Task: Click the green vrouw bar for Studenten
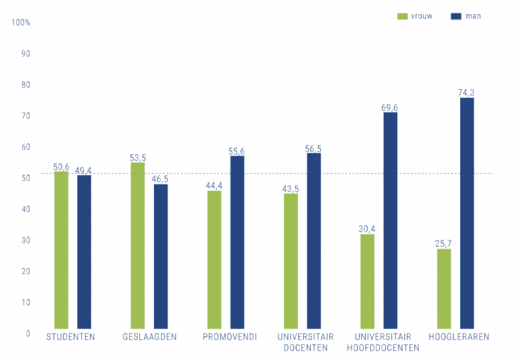[61, 250]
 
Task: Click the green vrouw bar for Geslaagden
[138, 246]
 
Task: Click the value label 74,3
[467, 93]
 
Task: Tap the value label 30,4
[368, 229]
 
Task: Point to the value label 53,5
[138, 157]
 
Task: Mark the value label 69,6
[391, 107]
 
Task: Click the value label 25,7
[444, 243]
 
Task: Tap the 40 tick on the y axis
[26, 209]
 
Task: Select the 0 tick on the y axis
[28, 334]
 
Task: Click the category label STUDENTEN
[70, 336]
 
